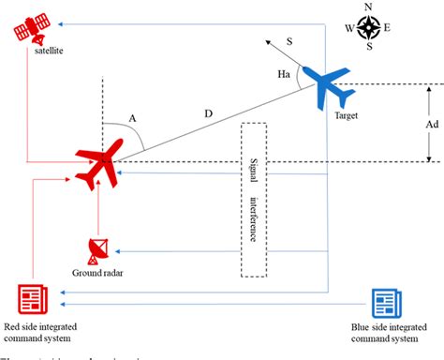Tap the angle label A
point(132,118)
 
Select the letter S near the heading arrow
point(289,40)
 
